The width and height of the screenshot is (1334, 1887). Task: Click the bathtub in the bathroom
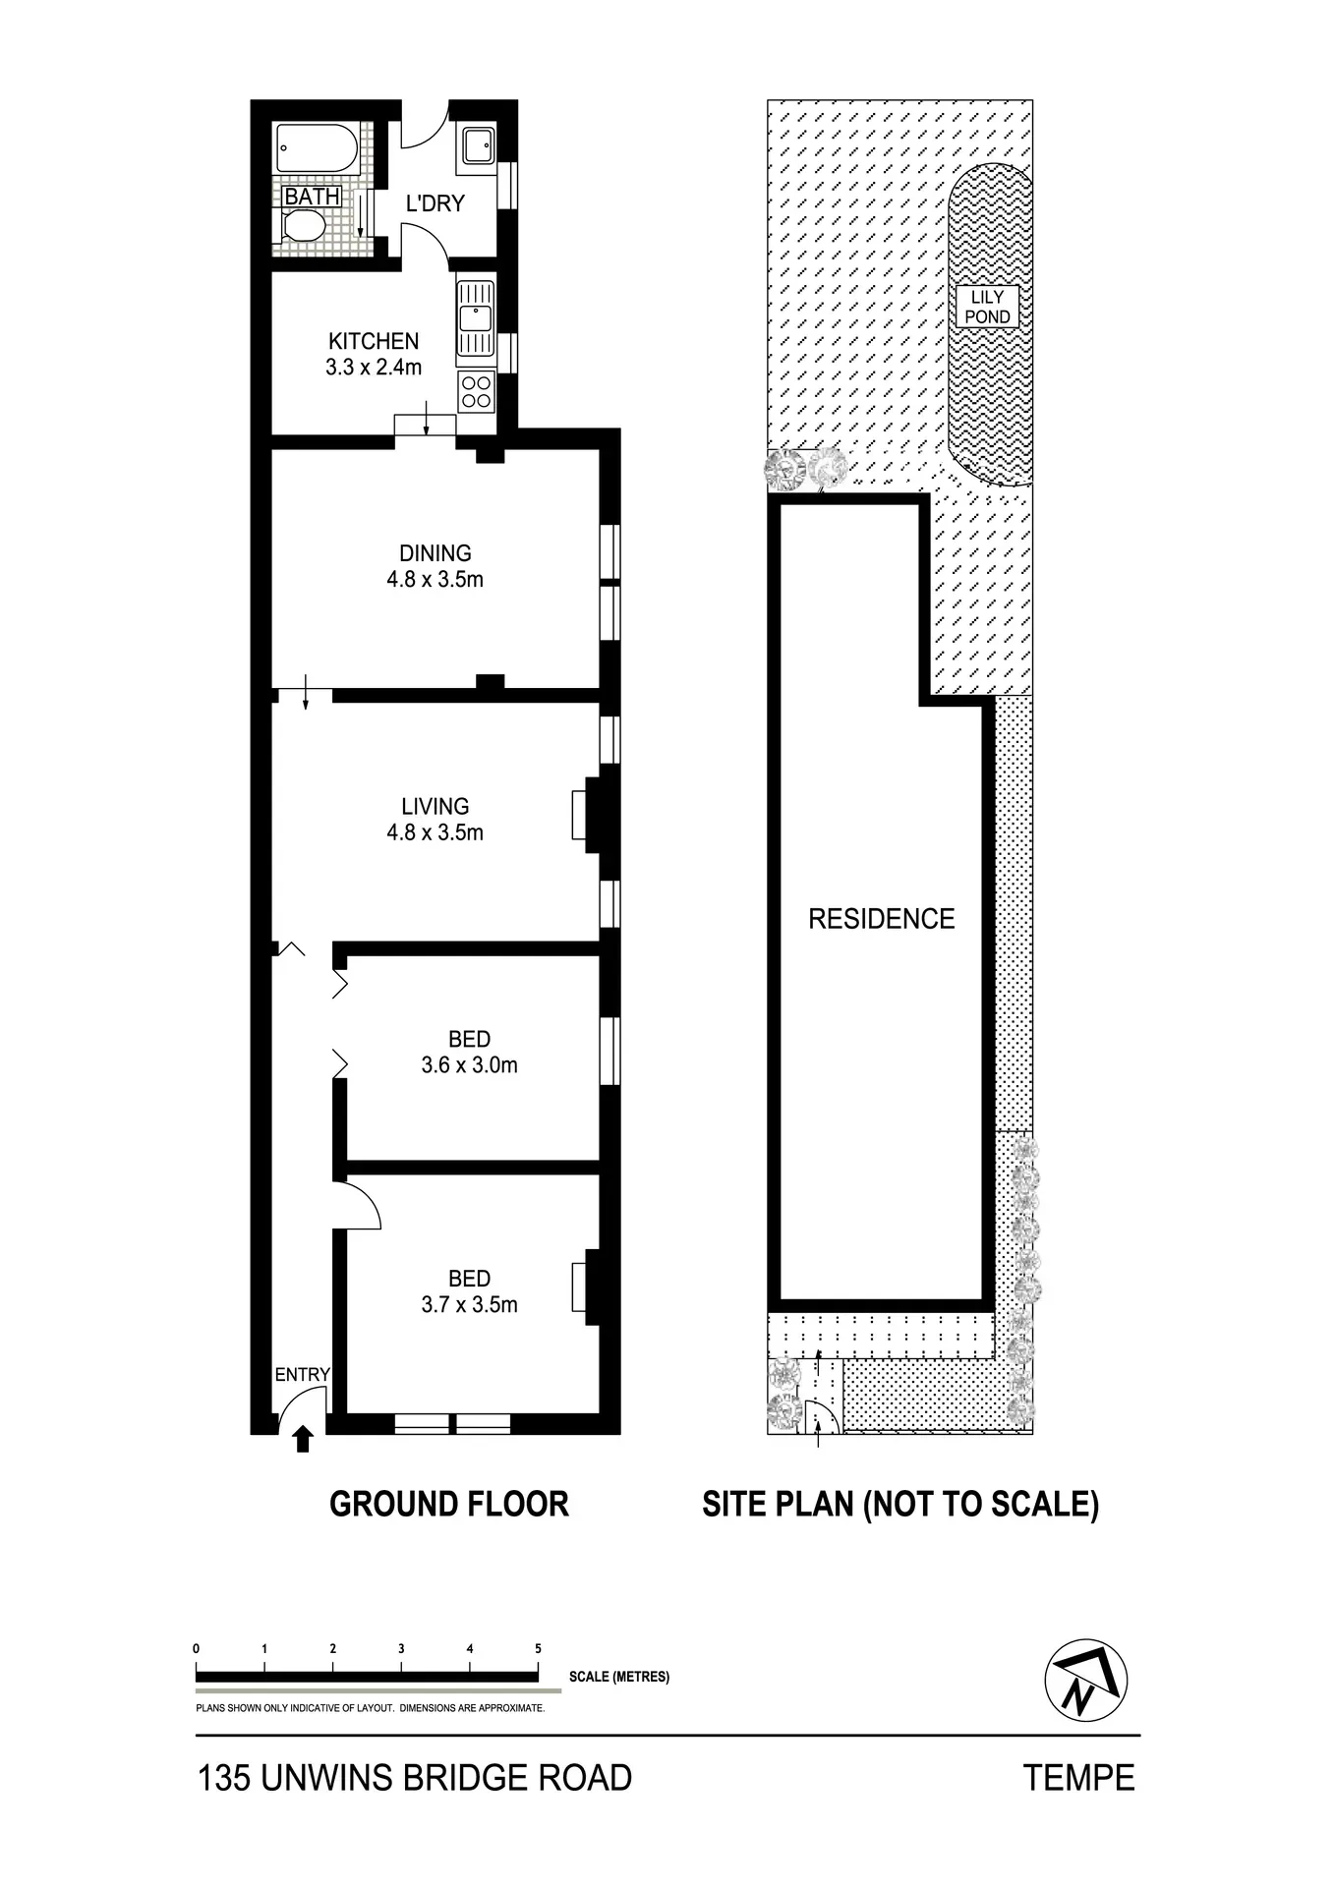pos(317,148)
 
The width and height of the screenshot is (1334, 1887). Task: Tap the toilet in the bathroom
pos(302,228)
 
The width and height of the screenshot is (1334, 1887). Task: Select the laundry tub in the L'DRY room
pos(477,146)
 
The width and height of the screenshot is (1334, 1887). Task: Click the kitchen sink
pos(476,317)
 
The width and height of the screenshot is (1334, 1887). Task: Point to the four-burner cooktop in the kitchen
pos(477,392)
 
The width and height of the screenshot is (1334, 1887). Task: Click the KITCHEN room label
pos(374,341)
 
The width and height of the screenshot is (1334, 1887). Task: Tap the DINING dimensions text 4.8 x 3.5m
pos(435,580)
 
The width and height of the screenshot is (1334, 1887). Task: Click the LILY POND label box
pos(987,307)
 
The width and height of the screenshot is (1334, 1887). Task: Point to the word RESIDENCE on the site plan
pos(882,919)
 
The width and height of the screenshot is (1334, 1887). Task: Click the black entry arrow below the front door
pos(303,1439)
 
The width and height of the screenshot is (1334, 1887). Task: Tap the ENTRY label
pos(302,1375)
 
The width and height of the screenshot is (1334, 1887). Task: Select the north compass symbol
pos(1085,1681)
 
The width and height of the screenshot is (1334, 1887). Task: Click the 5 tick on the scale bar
pos(538,1648)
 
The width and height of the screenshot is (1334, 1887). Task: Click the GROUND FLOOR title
pos(449,1505)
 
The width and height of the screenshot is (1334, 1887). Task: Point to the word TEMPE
pos(1079,1778)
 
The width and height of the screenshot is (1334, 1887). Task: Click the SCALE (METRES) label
pos(619,1676)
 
